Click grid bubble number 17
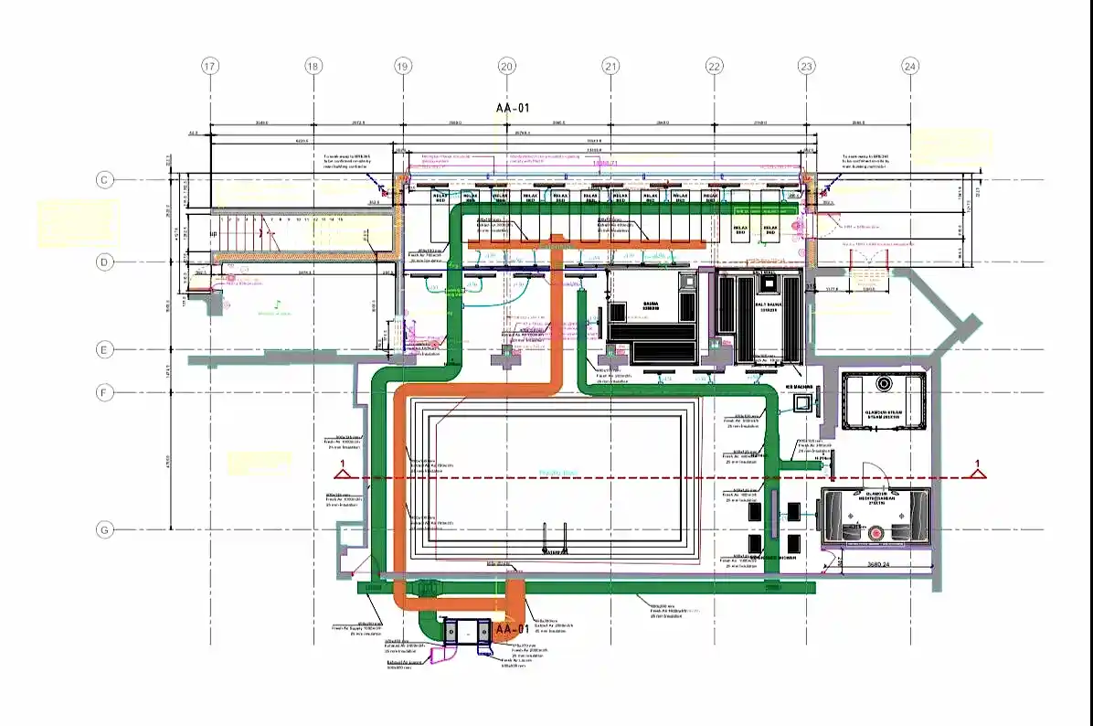(x=210, y=66)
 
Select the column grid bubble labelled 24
(x=909, y=66)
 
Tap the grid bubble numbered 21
(x=610, y=66)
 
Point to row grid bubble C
(x=105, y=180)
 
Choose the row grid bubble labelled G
(x=105, y=530)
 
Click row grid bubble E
(x=105, y=349)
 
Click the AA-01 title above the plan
(x=513, y=108)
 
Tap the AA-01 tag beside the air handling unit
(x=511, y=630)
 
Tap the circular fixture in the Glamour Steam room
(x=884, y=384)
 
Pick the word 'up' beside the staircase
(x=214, y=235)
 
